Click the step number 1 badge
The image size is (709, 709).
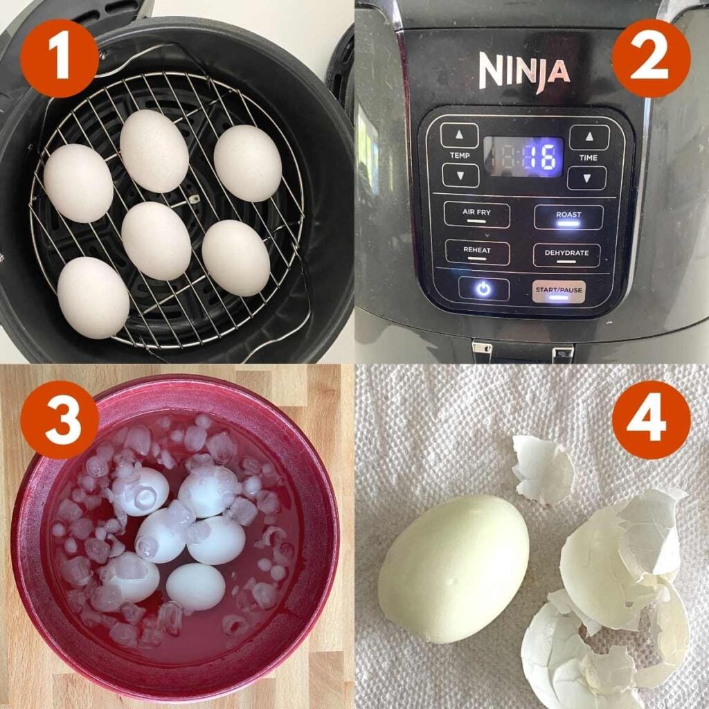tap(60, 58)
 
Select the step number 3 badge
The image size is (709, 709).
tap(60, 420)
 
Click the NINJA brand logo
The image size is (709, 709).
tap(524, 71)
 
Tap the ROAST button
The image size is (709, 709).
tap(568, 217)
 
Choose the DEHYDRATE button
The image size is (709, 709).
tap(566, 255)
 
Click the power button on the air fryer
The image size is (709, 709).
tap(483, 289)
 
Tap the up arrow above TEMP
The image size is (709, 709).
tap(460, 135)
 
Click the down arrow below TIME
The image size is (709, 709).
tap(587, 178)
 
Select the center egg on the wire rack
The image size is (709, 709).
tap(156, 240)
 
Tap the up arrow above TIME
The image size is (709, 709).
tap(589, 136)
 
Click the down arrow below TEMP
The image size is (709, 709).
tap(460, 175)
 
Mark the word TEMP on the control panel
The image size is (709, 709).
tap(460, 156)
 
